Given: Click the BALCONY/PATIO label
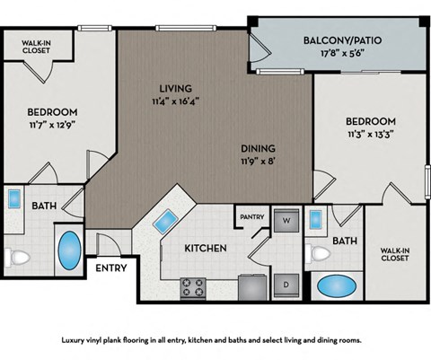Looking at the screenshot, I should (x=337, y=40).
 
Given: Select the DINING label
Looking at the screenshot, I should (x=257, y=148).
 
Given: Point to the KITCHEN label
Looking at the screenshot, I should (x=205, y=248).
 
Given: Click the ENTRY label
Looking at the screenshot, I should (x=111, y=268).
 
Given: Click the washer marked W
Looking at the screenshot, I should (x=286, y=220).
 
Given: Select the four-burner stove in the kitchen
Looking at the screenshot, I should (x=193, y=287).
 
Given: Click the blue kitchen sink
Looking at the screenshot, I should (x=166, y=221).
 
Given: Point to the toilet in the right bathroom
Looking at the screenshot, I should (x=318, y=252).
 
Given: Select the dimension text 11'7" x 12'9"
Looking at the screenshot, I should (x=52, y=126).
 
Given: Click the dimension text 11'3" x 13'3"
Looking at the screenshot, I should (x=371, y=135).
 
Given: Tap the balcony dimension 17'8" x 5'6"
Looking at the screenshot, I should (x=337, y=54).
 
